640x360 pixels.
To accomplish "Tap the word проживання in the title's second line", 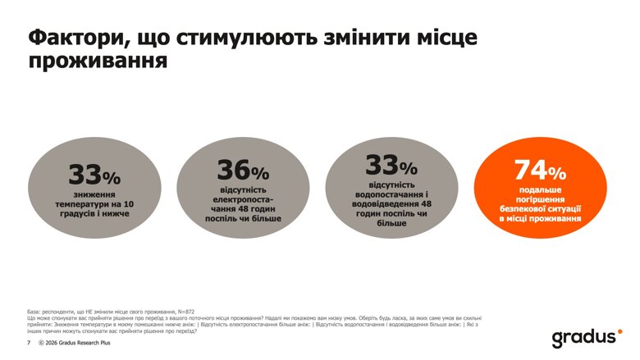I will click(x=98, y=62).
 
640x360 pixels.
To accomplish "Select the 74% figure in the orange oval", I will click(x=540, y=171).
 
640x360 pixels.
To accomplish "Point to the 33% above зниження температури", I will click(x=94, y=175).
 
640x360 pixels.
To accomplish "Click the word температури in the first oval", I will click(x=81, y=203).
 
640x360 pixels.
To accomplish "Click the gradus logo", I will click(x=586, y=337).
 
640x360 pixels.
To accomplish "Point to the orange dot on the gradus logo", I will click(x=619, y=331).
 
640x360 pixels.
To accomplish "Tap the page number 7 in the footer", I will click(x=29, y=343).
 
